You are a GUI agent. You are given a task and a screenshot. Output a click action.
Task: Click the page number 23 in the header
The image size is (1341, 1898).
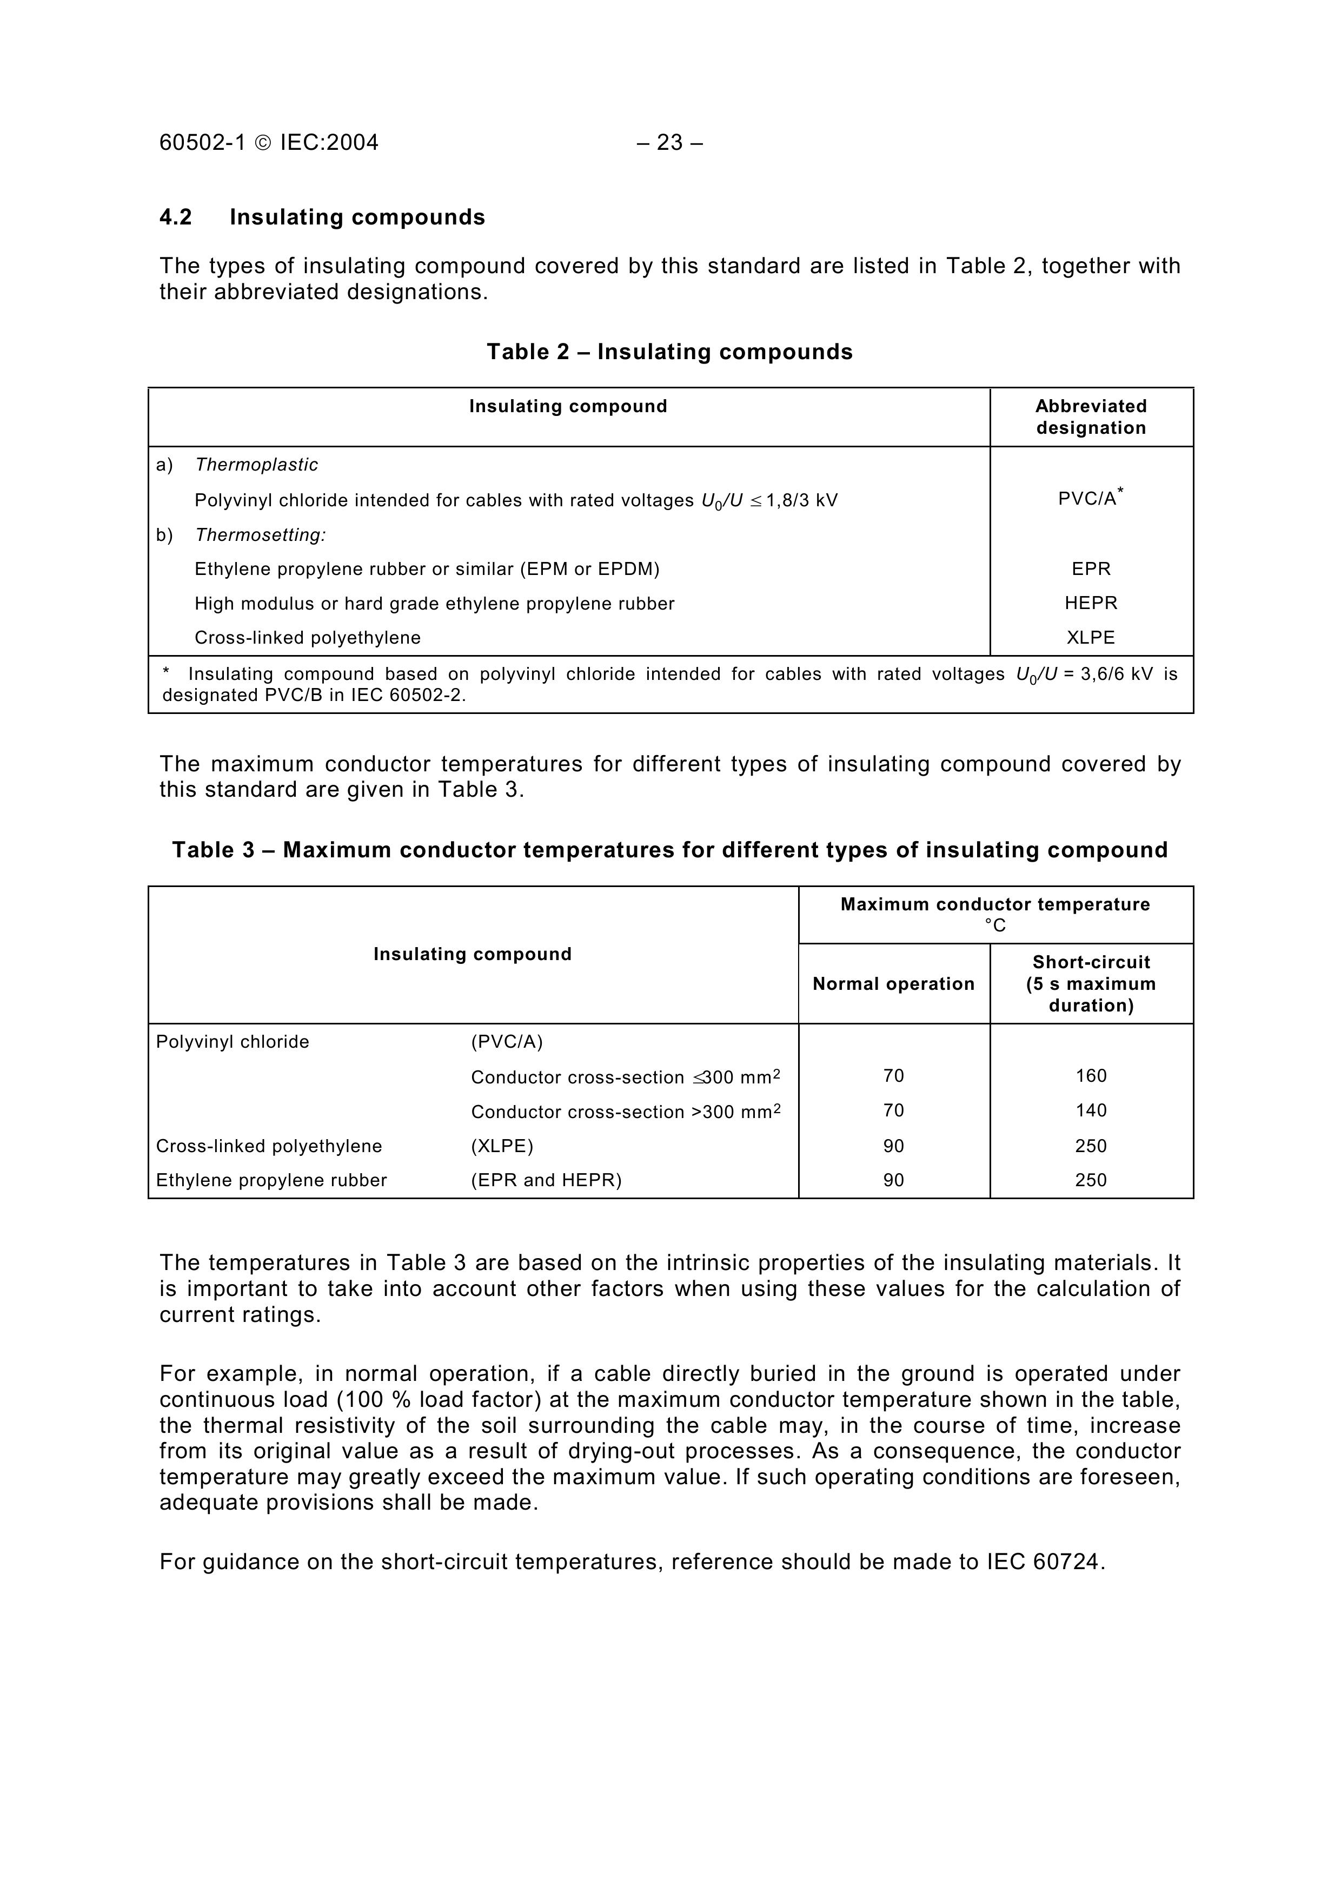[x=669, y=143]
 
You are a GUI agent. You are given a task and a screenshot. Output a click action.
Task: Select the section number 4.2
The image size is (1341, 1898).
[x=175, y=217]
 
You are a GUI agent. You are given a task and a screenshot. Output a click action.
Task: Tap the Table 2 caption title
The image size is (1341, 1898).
[x=669, y=352]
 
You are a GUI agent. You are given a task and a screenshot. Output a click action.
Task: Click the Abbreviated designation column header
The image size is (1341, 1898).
[x=1091, y=416]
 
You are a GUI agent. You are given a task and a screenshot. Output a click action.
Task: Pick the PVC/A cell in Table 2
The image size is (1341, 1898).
[x=1088, y=499]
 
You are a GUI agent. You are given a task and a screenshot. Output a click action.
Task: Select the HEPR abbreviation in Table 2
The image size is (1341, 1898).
[x=1091, y=604]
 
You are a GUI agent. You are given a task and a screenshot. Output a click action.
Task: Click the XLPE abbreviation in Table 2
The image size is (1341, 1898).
[x=1091, y=637]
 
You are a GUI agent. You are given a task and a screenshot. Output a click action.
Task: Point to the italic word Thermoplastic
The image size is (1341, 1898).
[x=256, y=465]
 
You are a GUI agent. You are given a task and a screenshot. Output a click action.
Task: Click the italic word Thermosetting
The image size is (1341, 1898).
[x=260, y=535]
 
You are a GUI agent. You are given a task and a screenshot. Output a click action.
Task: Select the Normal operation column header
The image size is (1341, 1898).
[x=893, y=984]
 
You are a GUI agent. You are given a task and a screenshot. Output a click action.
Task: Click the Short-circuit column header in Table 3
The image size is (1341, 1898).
[x=1091, y=984]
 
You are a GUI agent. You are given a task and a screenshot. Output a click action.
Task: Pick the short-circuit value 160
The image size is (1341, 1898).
[x=1091, y=1075]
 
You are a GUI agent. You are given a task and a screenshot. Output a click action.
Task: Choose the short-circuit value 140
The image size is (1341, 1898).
[x=1091, y=1110]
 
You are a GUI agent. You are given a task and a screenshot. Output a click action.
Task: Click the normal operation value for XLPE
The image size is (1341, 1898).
[x=893, y=1146]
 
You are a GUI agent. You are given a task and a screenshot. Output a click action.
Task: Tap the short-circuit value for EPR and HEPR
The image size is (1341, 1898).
[x=1091, y=1180]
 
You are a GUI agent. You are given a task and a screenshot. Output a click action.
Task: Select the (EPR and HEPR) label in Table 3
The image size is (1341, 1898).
[x=546, y=1180]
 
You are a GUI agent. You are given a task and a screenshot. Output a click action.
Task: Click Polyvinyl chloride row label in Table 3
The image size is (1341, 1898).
[x=232, y=1042]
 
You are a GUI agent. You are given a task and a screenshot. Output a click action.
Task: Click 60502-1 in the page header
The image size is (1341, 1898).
[x=202, y=143]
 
